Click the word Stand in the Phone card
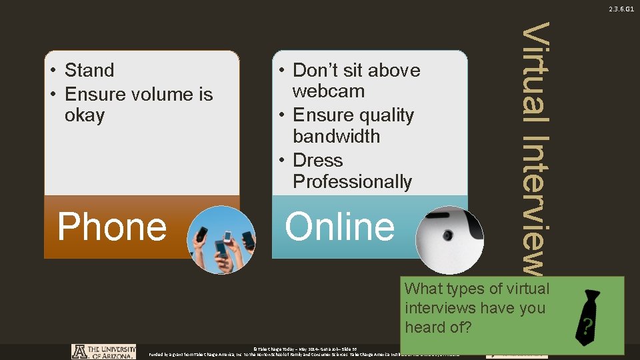click(x=89, y=70)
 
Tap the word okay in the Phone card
click(x=85, y=115)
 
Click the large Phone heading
click(x=112, y=227)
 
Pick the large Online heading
click(x=340, y=227)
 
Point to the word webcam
click(x=329, y=91)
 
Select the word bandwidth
click(x=336, y=137)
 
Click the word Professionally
click(x=352, y=181)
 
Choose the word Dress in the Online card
click(x=318, y=161)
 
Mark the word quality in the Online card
click(x=386, y=115)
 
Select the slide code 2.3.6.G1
click(x=620, y=9)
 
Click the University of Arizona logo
click(x=103, y=351)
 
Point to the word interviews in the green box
click(x=441, y=308)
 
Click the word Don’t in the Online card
click(x=317, y=70)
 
